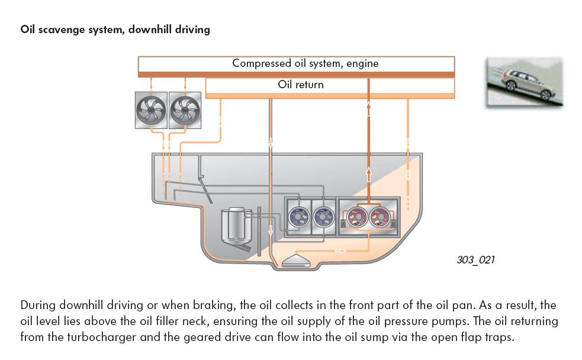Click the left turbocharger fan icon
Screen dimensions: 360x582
pyautogui.click(x=151, y=110)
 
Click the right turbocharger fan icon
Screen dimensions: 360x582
pyautogui.click(x=185, y=110)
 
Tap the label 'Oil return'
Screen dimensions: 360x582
pyautogui.click(x=301, y=85)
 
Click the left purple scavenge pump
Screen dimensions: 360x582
pyautogui.click(x=298, y=217)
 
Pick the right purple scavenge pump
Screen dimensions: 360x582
pyautogui.click(x=322, y=217)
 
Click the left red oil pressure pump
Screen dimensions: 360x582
pyautogui.click(x=356, y=217)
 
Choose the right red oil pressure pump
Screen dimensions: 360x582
pyautogui.click(x=381, y=217)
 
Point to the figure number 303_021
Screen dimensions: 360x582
pyautogui.click(x=475, y=260)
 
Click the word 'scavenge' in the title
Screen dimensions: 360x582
pyautogui.click(x=63, y=29)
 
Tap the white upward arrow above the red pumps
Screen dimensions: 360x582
pyautogui.click(x=368, y=175)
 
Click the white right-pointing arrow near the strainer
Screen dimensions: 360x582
pyautogui.click(x=341, y=251)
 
